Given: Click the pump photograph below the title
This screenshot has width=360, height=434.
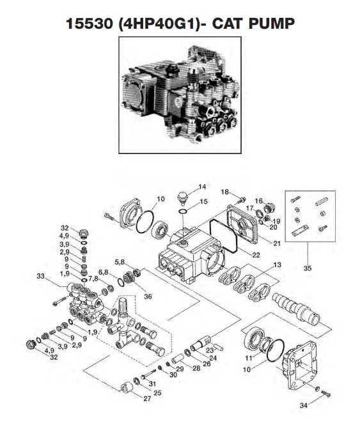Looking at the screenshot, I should pos(180,97).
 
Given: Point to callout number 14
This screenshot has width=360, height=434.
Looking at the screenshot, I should pos(202,187).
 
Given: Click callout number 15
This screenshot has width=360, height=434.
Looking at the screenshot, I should pos(204,201).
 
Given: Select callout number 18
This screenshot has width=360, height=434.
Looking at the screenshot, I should pos(224,192).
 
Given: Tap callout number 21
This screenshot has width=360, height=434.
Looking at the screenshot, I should pos(258,244).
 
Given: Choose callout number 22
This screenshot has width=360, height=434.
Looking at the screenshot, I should pos(238,255).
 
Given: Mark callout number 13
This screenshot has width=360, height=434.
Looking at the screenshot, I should pos(277,265).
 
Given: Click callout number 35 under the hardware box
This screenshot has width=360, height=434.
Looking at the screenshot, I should pos(307,268).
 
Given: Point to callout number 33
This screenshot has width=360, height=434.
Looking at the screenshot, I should pos(42,277).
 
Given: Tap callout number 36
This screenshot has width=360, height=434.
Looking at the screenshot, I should pos(148,296).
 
